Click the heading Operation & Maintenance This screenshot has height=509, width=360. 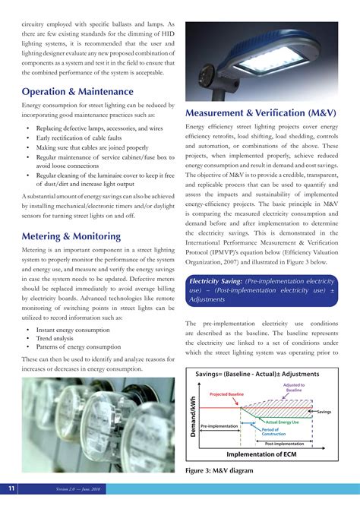pyautogui.click(x=77, y=92)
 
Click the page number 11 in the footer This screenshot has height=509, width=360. pyautogui.click(x=12, y=487)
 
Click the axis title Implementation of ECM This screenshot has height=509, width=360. pyautogui.click(x=267, y=454)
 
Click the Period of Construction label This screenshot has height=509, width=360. pyautogui.click(x=274, y=432)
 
